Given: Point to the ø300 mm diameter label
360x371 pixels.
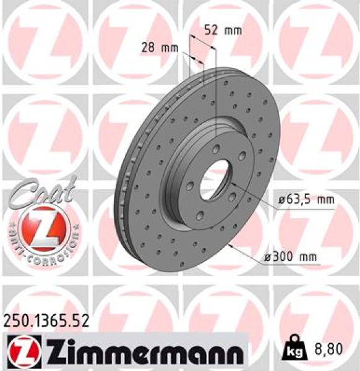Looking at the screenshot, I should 301,255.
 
